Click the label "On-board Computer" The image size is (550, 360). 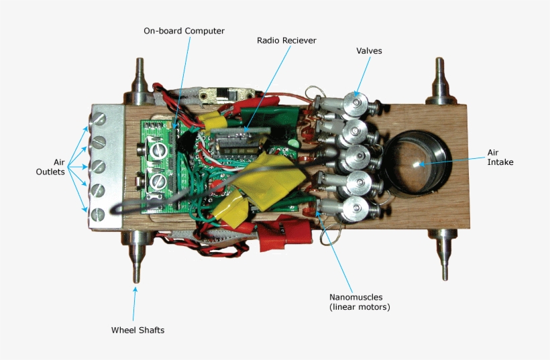[x=184, y=31]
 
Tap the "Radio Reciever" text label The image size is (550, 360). [x=286, y=40]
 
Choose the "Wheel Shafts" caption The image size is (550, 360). [x=137, y=330]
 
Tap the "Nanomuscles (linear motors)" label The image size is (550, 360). [x=359, y=302]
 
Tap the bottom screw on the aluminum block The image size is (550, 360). [x=99, y=215]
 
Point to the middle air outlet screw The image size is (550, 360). [x=99, y=166]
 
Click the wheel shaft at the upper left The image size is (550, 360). [x=140, y=81]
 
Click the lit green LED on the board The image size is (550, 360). [x=293, y=143]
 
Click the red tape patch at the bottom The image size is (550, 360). [x=286, y=237]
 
